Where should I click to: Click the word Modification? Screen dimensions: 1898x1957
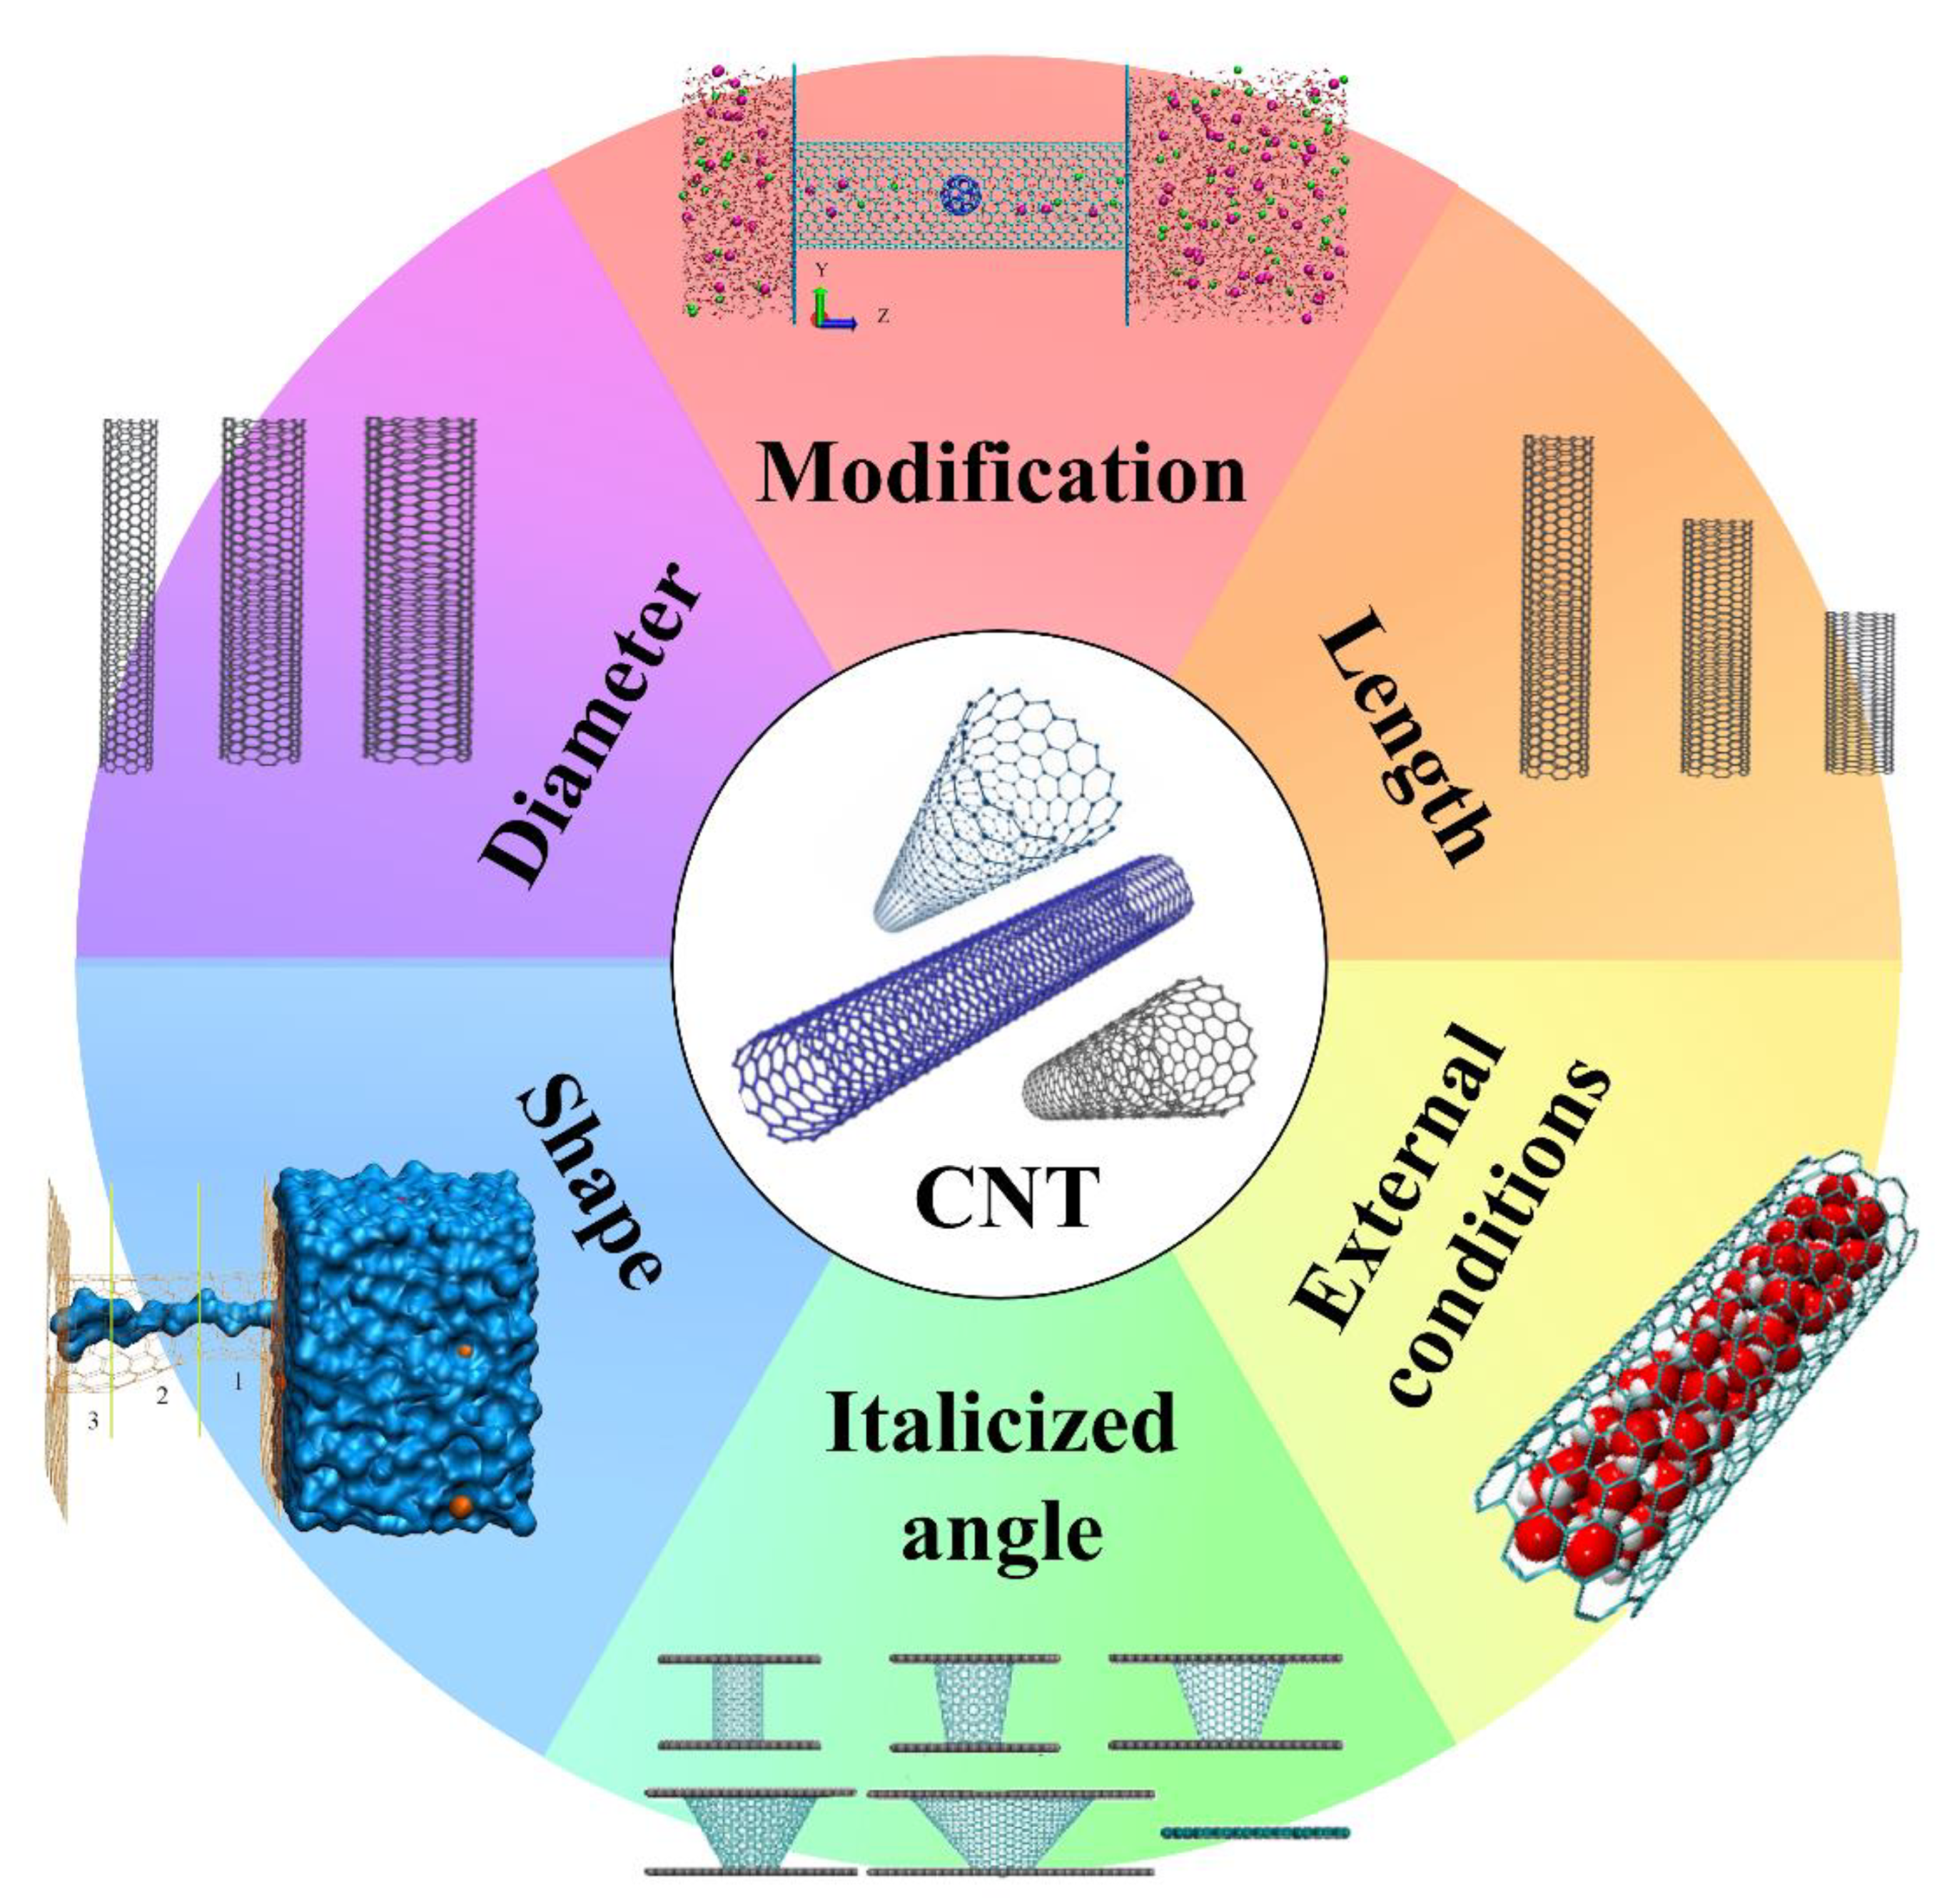coord(1001,473)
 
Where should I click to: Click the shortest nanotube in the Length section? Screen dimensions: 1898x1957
coord(1859,692)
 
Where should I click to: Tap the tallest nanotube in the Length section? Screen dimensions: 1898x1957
coord(1556,606)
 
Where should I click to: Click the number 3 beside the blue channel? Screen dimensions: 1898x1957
coord(93,1420)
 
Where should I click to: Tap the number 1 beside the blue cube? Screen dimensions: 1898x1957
coord(238,1382)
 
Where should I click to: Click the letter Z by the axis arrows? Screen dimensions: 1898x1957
coord(883,316)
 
